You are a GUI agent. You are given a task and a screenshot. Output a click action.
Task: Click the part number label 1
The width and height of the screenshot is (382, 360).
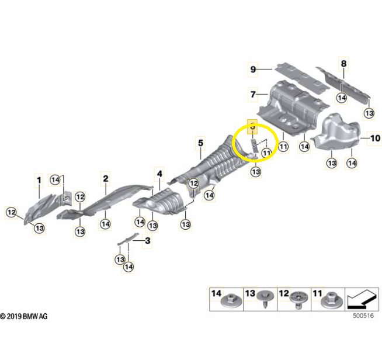[40, 179]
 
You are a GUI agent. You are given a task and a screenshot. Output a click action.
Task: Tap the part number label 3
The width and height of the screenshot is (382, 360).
[148, 240]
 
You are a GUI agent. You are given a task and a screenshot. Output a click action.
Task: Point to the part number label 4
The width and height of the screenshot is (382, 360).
[159, 173]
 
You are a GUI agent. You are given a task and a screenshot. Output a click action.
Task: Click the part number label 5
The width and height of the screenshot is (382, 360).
[200, 143]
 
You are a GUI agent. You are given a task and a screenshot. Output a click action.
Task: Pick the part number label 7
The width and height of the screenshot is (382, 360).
[253, 94]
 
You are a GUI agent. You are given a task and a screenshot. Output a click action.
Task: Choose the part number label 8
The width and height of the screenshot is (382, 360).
[343, 63]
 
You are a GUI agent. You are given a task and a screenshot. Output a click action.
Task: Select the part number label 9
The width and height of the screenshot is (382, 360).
[253, 70]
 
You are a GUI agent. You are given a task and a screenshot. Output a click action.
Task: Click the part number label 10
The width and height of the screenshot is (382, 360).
[375, 139]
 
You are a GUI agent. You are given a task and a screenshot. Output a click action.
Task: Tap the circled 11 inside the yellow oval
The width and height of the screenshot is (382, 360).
[267, 153]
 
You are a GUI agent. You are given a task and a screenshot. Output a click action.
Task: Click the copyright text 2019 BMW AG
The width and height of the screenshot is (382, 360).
[25, 316]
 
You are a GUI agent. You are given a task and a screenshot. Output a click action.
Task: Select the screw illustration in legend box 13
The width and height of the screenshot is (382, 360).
[266, 302]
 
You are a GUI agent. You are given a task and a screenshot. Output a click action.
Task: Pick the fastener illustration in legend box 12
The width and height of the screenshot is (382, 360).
[300, 302]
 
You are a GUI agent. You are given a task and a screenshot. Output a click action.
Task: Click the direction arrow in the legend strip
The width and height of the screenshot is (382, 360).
[360, 300]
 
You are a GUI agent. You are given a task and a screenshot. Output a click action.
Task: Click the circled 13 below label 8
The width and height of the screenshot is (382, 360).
[369, 113]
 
